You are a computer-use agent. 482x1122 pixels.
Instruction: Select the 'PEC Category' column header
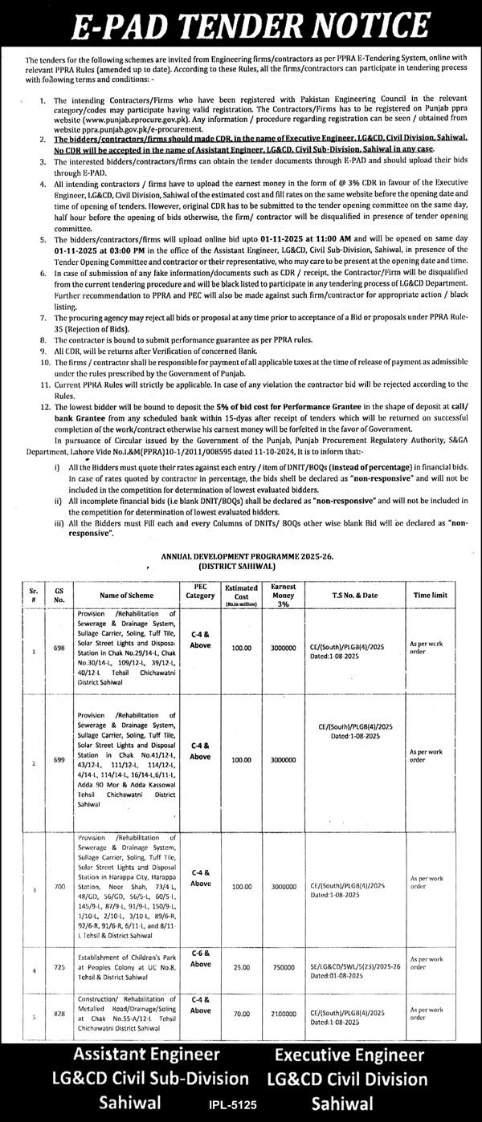200,595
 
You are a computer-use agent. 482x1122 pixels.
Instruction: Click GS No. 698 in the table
59,652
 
